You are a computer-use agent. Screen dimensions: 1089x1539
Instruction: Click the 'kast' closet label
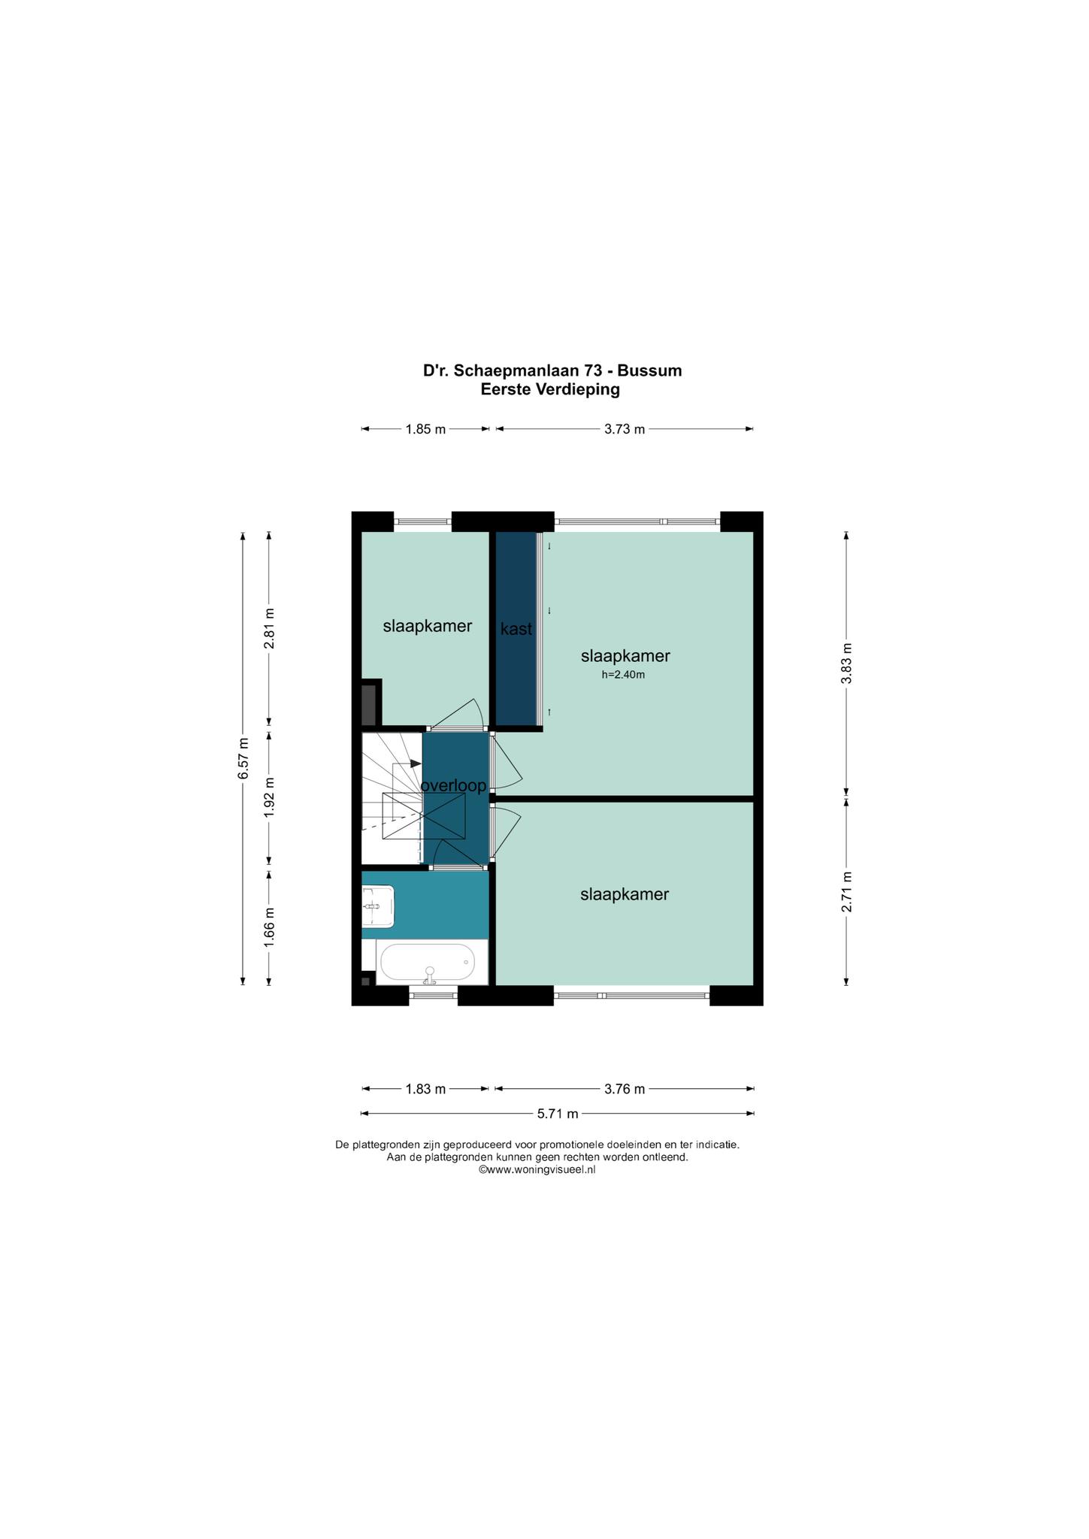click(516, 629)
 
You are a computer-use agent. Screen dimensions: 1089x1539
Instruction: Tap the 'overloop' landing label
click(453, 786)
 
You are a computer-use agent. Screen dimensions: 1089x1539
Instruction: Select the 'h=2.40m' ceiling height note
click(623, 675)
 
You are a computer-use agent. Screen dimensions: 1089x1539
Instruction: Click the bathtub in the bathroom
click(427, 963)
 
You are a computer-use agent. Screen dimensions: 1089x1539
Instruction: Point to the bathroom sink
click(378, 906)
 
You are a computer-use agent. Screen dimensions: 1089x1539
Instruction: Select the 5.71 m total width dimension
click(558, 1114)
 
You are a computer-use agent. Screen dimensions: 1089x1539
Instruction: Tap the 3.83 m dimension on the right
click(846, 664)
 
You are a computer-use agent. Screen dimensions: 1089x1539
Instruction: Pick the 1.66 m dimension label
click(269, 927)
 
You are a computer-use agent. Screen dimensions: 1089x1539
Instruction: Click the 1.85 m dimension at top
click(425, 430)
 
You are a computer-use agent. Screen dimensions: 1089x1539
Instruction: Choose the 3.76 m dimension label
click(625, 1089)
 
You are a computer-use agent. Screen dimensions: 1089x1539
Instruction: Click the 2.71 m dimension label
click(846, 892)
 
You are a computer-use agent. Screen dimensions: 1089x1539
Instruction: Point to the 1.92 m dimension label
click(269, 797)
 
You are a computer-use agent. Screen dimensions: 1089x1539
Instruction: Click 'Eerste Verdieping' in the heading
click(551, 389)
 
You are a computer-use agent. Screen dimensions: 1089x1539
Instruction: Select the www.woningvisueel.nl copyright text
click(537, 1170)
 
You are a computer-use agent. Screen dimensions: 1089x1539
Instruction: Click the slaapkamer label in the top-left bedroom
click(428, 625)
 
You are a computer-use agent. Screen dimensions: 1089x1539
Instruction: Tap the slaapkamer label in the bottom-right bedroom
click(625, 894)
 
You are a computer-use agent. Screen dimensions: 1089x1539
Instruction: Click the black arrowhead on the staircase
click(416, 763)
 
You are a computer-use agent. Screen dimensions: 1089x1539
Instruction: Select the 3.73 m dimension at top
click(625, 430)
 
